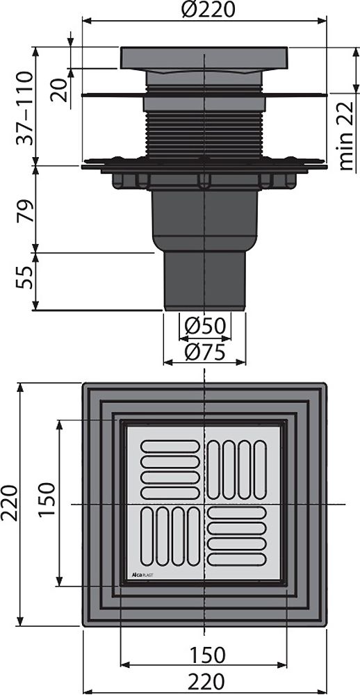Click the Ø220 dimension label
[x=204, y=10]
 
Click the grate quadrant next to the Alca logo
[x=165, y=536]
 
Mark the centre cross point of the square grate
[x=204, y=502]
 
